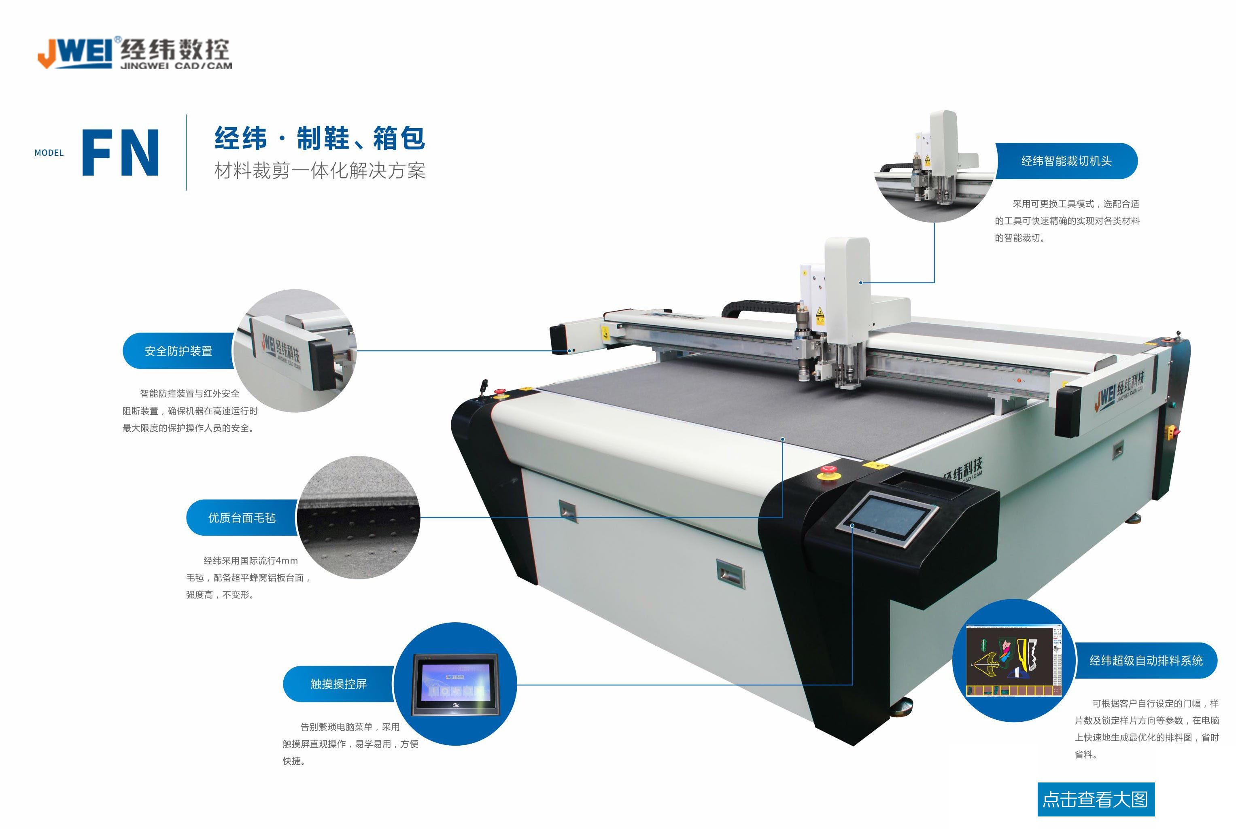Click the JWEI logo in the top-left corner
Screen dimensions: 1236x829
(x=134, y=53)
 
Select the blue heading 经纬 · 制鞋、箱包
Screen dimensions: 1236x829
(x=319, y=138)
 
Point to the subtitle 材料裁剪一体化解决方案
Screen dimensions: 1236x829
(x=319, y=170)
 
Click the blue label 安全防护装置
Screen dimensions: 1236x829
(x=178, y=351)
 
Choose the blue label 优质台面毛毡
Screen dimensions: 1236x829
(x=242, y=517)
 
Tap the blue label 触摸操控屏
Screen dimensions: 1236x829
(x=338, y=684)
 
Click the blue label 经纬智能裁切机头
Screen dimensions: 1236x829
(x=1066, y=161)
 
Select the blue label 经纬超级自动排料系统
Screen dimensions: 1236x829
(x=1146, y=660)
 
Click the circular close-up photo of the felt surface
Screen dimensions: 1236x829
(x=359, y=517)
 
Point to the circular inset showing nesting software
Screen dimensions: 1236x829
(x=1013, y=660)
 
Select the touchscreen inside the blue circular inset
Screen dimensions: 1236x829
(x=455, y=685)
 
